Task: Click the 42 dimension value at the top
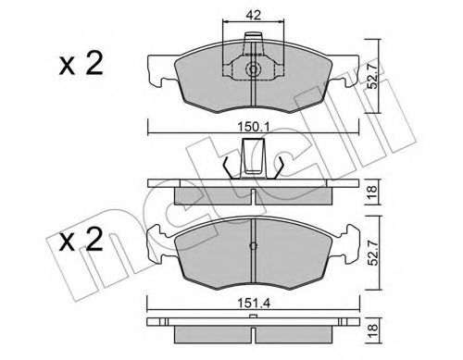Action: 254,15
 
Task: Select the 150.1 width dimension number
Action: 254,127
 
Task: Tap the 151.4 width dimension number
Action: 254,304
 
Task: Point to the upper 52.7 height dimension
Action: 373,76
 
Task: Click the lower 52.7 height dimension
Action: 374,252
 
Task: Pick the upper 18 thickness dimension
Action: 372,192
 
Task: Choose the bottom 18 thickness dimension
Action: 373,329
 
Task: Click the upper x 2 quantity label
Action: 81,64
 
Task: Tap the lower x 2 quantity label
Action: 81,240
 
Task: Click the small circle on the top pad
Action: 253,69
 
